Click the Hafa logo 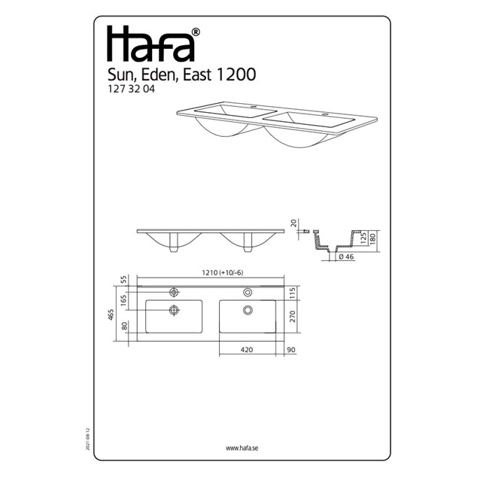tap(150, 44)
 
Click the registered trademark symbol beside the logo tap(196, 32)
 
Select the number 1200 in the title tap(235, 74)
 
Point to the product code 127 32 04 tap(132, 89)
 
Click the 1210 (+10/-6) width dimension tap(223, 272)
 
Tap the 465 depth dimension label tap(111, 314)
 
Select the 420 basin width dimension tap(247, 350)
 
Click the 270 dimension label tap(293, 317)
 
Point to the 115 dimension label tap(293, 293)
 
